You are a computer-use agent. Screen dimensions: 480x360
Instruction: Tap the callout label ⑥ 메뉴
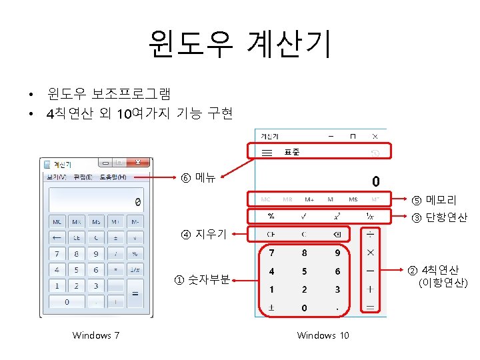click(198, 178)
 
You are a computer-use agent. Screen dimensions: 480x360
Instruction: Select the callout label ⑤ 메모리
click(433, 199)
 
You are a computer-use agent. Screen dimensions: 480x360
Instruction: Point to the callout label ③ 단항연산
click(439, 217)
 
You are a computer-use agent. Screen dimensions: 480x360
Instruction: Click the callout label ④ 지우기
click(204, 233)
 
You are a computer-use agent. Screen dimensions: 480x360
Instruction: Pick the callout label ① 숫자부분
click(202, 279)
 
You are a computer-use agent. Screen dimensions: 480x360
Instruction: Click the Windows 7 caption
click(95, 335)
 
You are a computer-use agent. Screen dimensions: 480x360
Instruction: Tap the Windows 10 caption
click(323, 335)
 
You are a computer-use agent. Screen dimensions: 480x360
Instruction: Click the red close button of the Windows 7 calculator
click(139, 162)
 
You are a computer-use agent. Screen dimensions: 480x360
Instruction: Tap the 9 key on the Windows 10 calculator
click(337, 253)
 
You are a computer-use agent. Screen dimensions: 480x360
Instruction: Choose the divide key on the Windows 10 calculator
click(370, 234)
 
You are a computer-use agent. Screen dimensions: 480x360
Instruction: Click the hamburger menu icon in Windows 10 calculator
click(266, 153)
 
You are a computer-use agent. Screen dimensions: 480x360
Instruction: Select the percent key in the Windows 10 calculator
click(271, 216)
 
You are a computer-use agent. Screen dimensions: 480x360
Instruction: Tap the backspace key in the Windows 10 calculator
click(337, 234)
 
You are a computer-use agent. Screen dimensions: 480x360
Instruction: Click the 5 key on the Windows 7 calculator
click(77, 270)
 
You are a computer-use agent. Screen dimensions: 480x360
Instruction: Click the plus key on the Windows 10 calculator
click(370, 289)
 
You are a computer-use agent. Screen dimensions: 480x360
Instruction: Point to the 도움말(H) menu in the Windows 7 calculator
click(113, 177)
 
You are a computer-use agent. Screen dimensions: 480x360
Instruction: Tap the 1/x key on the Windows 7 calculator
click(135, 270)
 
